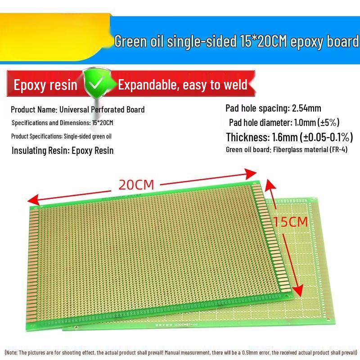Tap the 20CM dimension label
tap(136, 184)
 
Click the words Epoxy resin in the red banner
tap(45, 85)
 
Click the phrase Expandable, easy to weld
tap(183, 85)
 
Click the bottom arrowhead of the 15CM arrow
tap(297, 292)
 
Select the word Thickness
tap(246, 137)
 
